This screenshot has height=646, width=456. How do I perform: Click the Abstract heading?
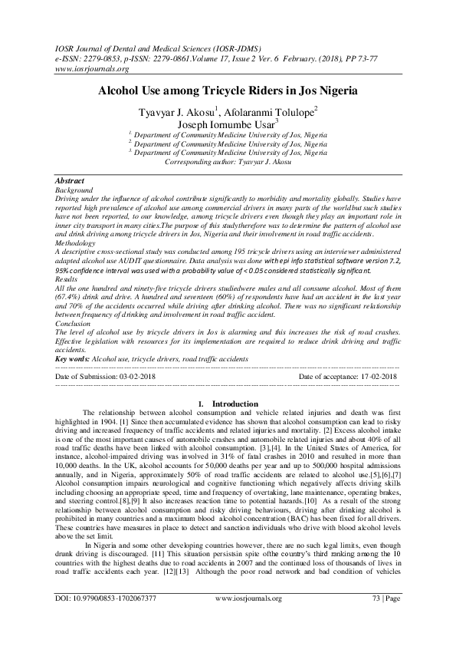coord(72,181)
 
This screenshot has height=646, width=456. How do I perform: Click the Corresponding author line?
coord(228,163)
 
